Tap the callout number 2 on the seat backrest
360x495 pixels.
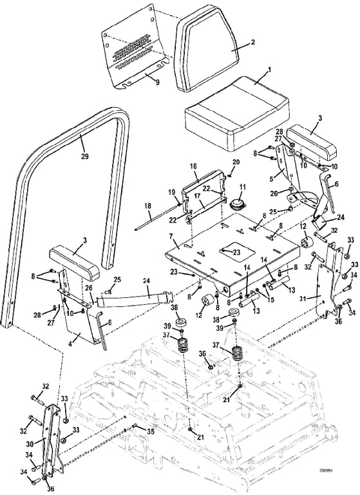pyautogui.click(x=252, y=42)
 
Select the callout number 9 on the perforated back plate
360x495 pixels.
pyautogui.click(x=157, y=82)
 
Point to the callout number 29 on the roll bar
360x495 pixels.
pyautogui.click(x=84, y=155)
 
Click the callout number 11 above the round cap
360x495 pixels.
pyautogui.click(x=242, y=187)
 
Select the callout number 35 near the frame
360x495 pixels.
pyautogui.click(x=151, y=431)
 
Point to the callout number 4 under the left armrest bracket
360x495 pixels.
pyautogui.click(x=70, y=343)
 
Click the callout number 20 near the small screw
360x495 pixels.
pyautogui.click(x=236, y=162)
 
